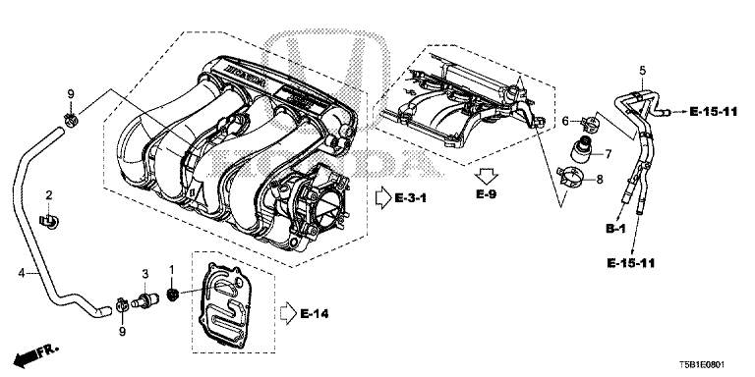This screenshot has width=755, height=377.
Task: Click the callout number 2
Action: tap(48, 194)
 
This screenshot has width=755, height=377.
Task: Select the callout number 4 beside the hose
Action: tap(22, 273)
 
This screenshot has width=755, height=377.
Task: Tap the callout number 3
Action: tap(145, 273)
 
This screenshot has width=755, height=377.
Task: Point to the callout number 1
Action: tap(172, 269)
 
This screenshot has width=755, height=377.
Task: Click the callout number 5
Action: tap(642, 71)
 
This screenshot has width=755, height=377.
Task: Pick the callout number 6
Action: tap(566, 121)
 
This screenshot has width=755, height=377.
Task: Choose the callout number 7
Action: tap(608, 154)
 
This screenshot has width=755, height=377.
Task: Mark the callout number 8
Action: tap(600, 180)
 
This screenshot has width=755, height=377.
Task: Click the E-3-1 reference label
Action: tap(411, 197)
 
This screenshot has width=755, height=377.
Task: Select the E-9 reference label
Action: tap(487, 194)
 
